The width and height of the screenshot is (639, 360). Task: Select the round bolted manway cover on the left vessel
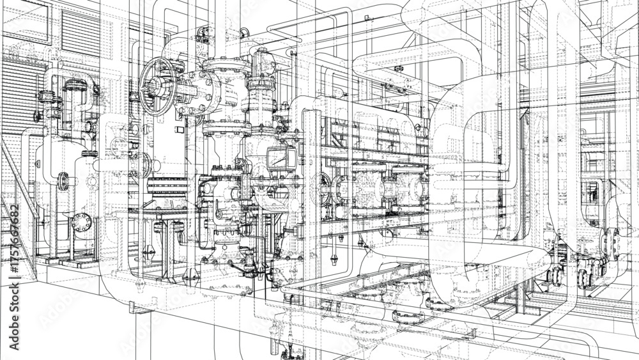81,223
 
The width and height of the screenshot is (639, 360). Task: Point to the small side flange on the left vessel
63,182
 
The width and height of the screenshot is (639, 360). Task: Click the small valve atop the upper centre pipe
398,69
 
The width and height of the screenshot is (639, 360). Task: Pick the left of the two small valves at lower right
554,275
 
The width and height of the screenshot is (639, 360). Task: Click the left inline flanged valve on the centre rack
369,189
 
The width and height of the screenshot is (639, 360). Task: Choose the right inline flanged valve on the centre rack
409,189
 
